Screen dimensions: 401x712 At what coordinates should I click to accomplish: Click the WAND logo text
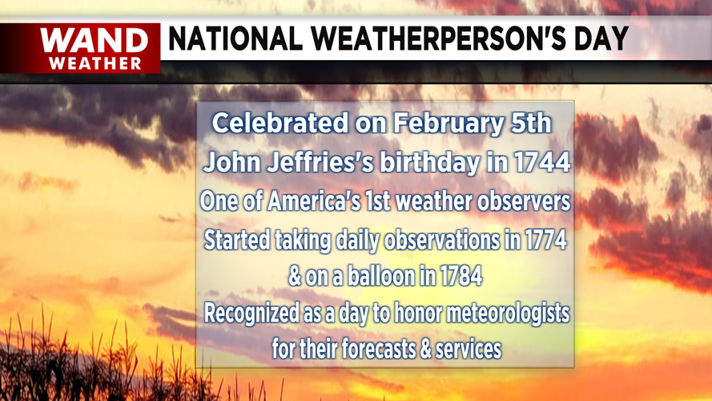(95, 41)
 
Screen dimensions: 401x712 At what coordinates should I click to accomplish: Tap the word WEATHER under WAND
(95, 63)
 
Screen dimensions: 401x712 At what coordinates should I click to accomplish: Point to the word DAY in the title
(599, 39)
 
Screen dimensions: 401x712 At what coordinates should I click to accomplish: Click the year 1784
(460, 277)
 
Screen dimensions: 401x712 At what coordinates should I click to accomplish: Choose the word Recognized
(251, 314)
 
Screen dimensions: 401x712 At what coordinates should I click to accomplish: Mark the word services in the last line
(469, 350)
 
